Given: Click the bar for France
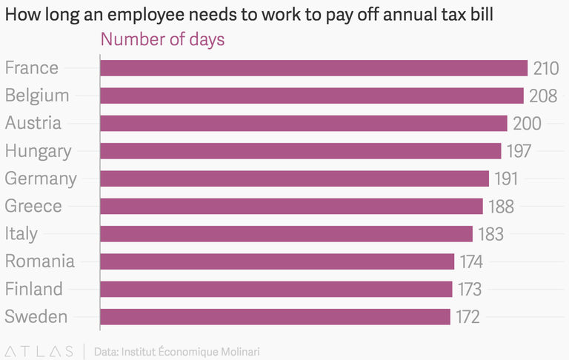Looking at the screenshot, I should (313, 68).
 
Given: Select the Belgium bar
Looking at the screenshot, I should (312, 96).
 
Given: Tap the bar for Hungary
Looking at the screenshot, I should (300, 151).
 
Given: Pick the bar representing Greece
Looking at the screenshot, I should (291, 207).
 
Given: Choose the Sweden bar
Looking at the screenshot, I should (275, 317).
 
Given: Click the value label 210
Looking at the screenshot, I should (545, 68).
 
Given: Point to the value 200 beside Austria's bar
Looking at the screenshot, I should (527, 124).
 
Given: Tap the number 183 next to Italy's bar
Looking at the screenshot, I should (490, 234).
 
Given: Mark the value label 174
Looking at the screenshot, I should (470, 261).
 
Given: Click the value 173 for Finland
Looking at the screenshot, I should (468, 289).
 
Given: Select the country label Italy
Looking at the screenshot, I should (21, 234).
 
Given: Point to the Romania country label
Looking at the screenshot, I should (39, 261).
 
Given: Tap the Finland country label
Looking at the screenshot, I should (33, 289).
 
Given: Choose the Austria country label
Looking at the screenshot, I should (33, 124).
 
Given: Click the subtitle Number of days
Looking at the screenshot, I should (162, 39).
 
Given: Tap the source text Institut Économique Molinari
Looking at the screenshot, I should (190, 351).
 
